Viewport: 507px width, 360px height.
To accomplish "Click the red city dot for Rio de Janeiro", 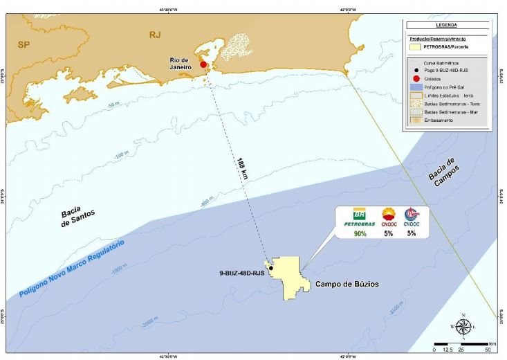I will (203, 64).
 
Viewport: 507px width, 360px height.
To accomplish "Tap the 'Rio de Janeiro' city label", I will (183, 64).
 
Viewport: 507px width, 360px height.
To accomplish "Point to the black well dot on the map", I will (270, 268).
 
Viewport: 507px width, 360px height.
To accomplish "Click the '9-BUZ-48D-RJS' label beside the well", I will (239, 273).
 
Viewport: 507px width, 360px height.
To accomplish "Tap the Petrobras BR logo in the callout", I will (360, 214).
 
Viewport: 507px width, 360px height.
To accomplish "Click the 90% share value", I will (360, 233).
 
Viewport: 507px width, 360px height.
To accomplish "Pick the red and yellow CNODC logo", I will (389, 214).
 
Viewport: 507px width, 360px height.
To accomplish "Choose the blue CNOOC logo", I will (412, 214).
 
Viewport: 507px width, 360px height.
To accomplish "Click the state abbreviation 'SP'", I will (25, 44).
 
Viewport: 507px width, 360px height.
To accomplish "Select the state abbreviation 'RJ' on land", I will (155, 34).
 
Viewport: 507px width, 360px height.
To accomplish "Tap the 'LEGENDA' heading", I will (447, 24).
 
